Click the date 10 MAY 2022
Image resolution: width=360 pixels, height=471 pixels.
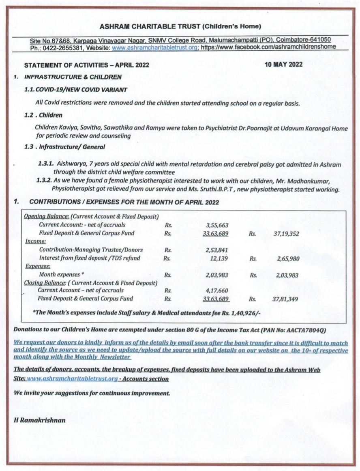click(283, 64)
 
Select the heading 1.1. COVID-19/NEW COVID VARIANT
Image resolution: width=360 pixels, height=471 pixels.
click(76, 90)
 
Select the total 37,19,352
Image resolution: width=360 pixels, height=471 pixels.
click(286, 233)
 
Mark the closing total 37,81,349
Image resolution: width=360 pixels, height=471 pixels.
click(286, 299)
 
